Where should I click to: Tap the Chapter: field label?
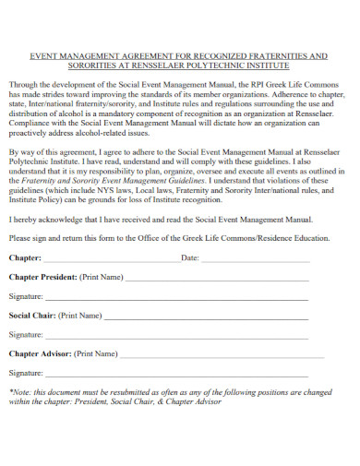click(x=25, y=257)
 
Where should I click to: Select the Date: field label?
click(x=191, y=257)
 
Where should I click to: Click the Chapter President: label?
click(x=42, y=277)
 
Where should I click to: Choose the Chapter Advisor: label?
click(x=41, y=353)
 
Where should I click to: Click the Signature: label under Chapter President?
click(x=26, y=296)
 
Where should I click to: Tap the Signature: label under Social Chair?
click(x=26, y=335)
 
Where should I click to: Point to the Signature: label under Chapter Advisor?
click(x=26, y=373)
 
